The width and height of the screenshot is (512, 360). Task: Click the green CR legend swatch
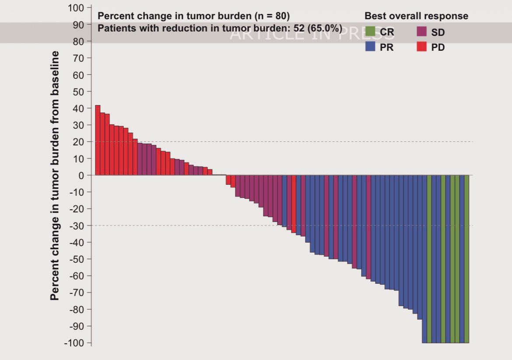370,32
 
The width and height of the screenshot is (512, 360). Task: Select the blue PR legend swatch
370,47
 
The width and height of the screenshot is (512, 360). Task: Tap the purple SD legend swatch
422,32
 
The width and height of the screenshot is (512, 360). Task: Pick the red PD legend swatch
422,47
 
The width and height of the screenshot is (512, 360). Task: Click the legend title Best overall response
416,16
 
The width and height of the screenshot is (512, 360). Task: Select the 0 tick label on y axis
81,175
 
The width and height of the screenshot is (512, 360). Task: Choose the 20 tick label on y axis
79,142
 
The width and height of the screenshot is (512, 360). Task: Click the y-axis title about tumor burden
55,175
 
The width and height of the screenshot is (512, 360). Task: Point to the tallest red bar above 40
98,140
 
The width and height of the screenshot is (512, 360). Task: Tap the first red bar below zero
228,180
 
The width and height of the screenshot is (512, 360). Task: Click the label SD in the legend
438,32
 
